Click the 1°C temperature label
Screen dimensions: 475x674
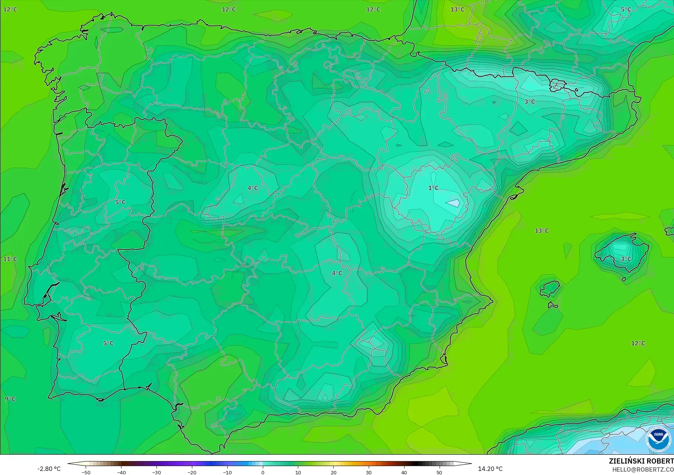(x=433, y=188)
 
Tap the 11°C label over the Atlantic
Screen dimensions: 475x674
(x=10, y=259)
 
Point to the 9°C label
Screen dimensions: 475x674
(x=10, y=399)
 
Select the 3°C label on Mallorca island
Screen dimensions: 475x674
(x=626, y=259)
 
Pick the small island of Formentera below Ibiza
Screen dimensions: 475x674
(x=553, y=305)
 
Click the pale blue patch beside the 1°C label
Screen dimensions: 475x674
(x=453, y=203)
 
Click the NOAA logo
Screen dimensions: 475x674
(x=658, y=439)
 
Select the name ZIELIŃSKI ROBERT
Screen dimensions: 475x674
(x=641, y=461)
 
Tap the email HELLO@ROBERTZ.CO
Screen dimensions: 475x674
(x=643, y=470)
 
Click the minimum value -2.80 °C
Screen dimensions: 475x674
(x=49, y=469)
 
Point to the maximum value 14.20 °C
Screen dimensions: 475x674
(x=490, y=469)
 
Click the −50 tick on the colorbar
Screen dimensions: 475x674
(x=86, y=472)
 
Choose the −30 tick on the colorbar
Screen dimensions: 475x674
(x=157, y=472)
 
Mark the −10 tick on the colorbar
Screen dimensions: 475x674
(x=227, y=472)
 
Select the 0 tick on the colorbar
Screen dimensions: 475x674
(x=262, y=472)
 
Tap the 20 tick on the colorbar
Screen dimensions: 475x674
(x=333, y=472)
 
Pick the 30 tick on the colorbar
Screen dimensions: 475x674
(x=368, y=472)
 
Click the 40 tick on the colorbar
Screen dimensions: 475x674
(x=404, y=472)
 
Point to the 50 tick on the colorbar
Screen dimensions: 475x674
(x=439, y=472)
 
